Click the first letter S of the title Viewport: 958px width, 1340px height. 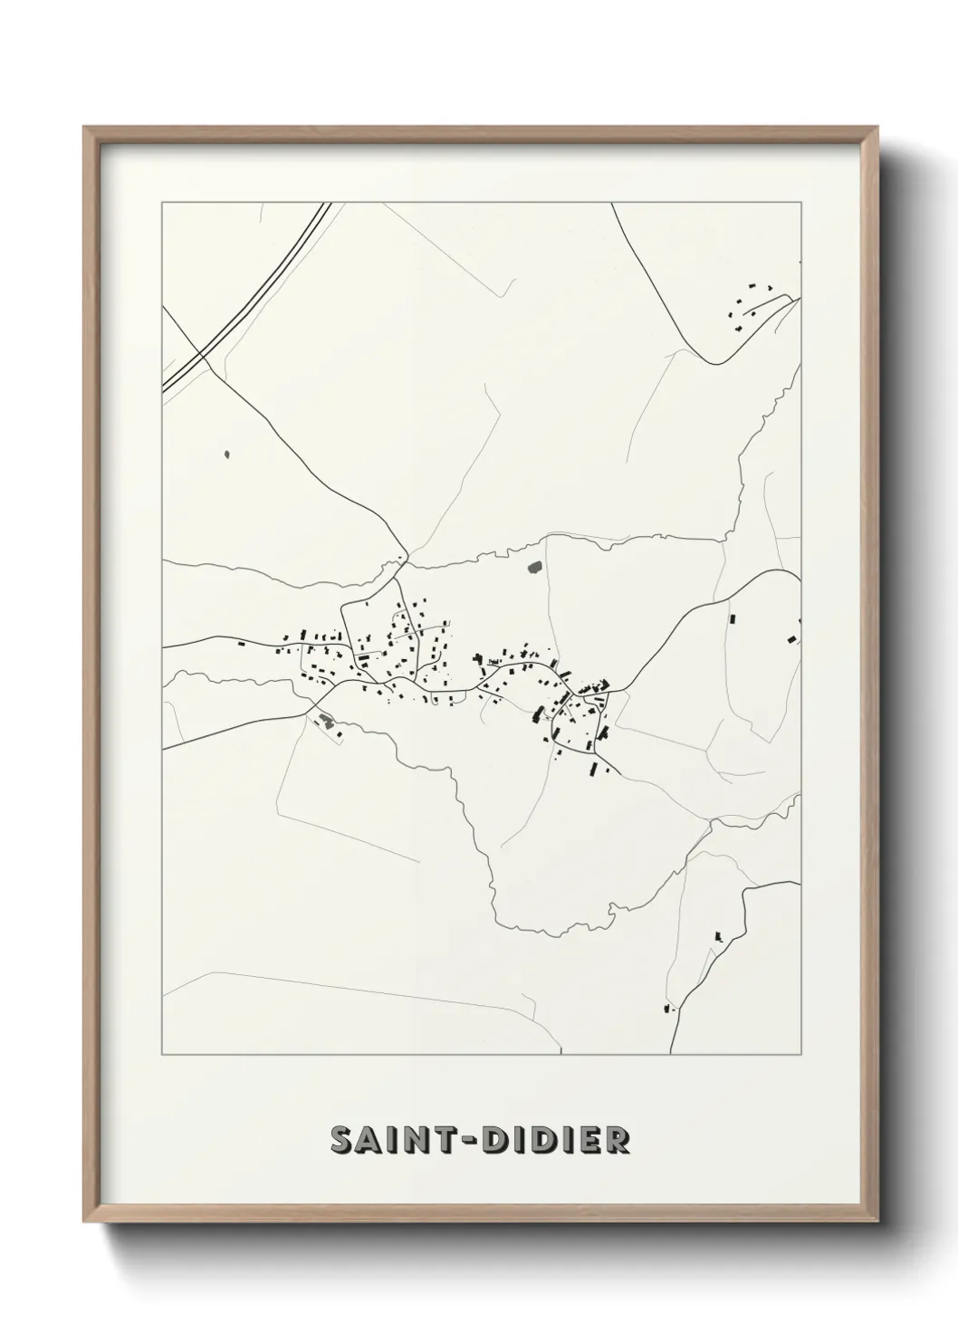(x=341, y=1140)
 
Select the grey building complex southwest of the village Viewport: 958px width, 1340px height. (x=326, y=722)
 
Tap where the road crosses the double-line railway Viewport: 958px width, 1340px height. (x=201, y=351)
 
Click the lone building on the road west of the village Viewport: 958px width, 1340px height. (x=241, y=644)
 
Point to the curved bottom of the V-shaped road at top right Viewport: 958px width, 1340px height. (x=718, y=363)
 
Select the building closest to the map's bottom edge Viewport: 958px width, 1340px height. (x=668, y=1007)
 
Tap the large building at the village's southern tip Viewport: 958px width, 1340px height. (x=594, y=770)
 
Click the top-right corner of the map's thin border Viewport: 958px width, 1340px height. (x=800, y=203)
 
